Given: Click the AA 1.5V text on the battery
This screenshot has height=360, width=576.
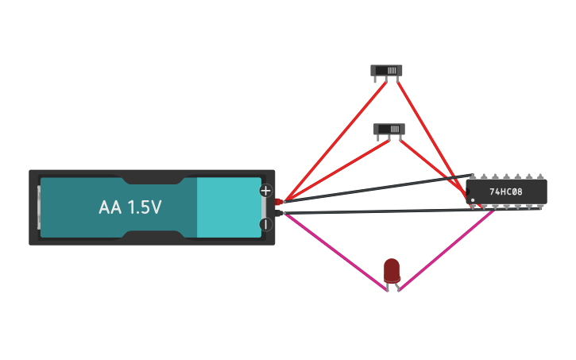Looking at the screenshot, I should pos(130,207).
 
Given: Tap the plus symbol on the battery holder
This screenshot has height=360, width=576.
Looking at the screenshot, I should pos(265,191).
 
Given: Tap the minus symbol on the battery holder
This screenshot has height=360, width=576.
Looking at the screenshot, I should pos(265,224).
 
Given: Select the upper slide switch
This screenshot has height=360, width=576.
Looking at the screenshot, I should pos(386,70).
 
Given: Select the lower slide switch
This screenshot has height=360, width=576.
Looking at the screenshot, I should pos(389,129).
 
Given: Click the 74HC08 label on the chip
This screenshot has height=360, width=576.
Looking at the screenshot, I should pos(505,192).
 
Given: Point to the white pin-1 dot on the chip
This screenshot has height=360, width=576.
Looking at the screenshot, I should pos(473,199).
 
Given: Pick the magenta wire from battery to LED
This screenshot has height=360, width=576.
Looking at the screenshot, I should pos(334,251).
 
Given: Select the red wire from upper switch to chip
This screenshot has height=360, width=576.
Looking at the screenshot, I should pos(433,138).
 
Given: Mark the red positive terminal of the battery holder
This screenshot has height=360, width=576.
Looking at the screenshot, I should pos(279,201).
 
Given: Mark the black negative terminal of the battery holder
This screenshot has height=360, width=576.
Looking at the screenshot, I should pos(279,212).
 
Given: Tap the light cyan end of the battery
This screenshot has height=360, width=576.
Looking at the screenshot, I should pos(229,207).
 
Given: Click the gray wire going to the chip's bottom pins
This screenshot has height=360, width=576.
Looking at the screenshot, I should pos(373,211).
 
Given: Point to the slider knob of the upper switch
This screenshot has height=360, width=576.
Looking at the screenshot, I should pos(392,70).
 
